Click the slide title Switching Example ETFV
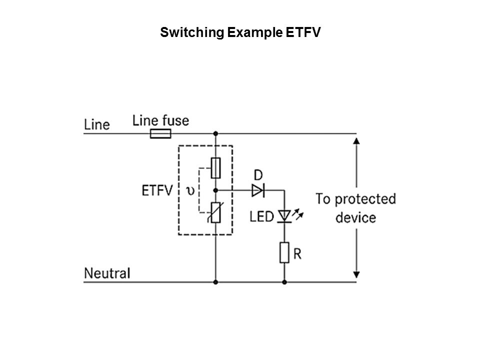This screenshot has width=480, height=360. [240, 33]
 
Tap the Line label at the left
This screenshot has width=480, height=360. [96, 124]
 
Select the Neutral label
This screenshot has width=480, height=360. [107, 273]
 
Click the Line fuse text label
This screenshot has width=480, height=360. [160, 120]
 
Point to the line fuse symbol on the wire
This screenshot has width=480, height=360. [160, 133]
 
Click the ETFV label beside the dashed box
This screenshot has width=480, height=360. [157, 190]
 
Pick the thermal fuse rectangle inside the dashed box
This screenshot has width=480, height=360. [216, 168]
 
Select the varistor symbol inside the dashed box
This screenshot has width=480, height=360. [216, 212]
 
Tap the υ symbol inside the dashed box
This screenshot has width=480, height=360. [190, 191]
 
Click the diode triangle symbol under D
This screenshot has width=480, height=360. [257, 190]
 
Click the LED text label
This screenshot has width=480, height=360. [262, 216]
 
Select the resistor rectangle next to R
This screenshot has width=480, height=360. [284, 253]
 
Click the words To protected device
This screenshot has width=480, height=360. [355, 208]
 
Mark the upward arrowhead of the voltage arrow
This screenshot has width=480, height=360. [356, 141]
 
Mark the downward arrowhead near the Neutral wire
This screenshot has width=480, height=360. [356, 274]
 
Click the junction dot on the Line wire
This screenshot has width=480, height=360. [216, 133]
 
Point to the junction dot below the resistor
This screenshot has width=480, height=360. [284, 282]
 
